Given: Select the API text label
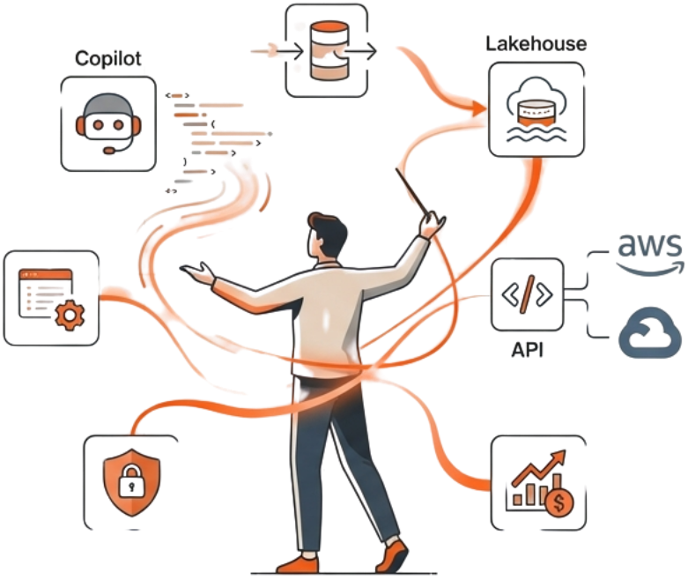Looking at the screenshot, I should [x=527, y=349].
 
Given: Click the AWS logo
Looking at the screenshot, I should [x=649, y=248].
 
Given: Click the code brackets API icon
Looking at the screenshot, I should [x=527, y=294].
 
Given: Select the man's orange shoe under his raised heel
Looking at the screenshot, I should [x=392, y=555].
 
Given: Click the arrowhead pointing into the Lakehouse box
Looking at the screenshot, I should [x=477, y=108].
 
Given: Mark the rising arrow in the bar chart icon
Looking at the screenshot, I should [x=538, y=466].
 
